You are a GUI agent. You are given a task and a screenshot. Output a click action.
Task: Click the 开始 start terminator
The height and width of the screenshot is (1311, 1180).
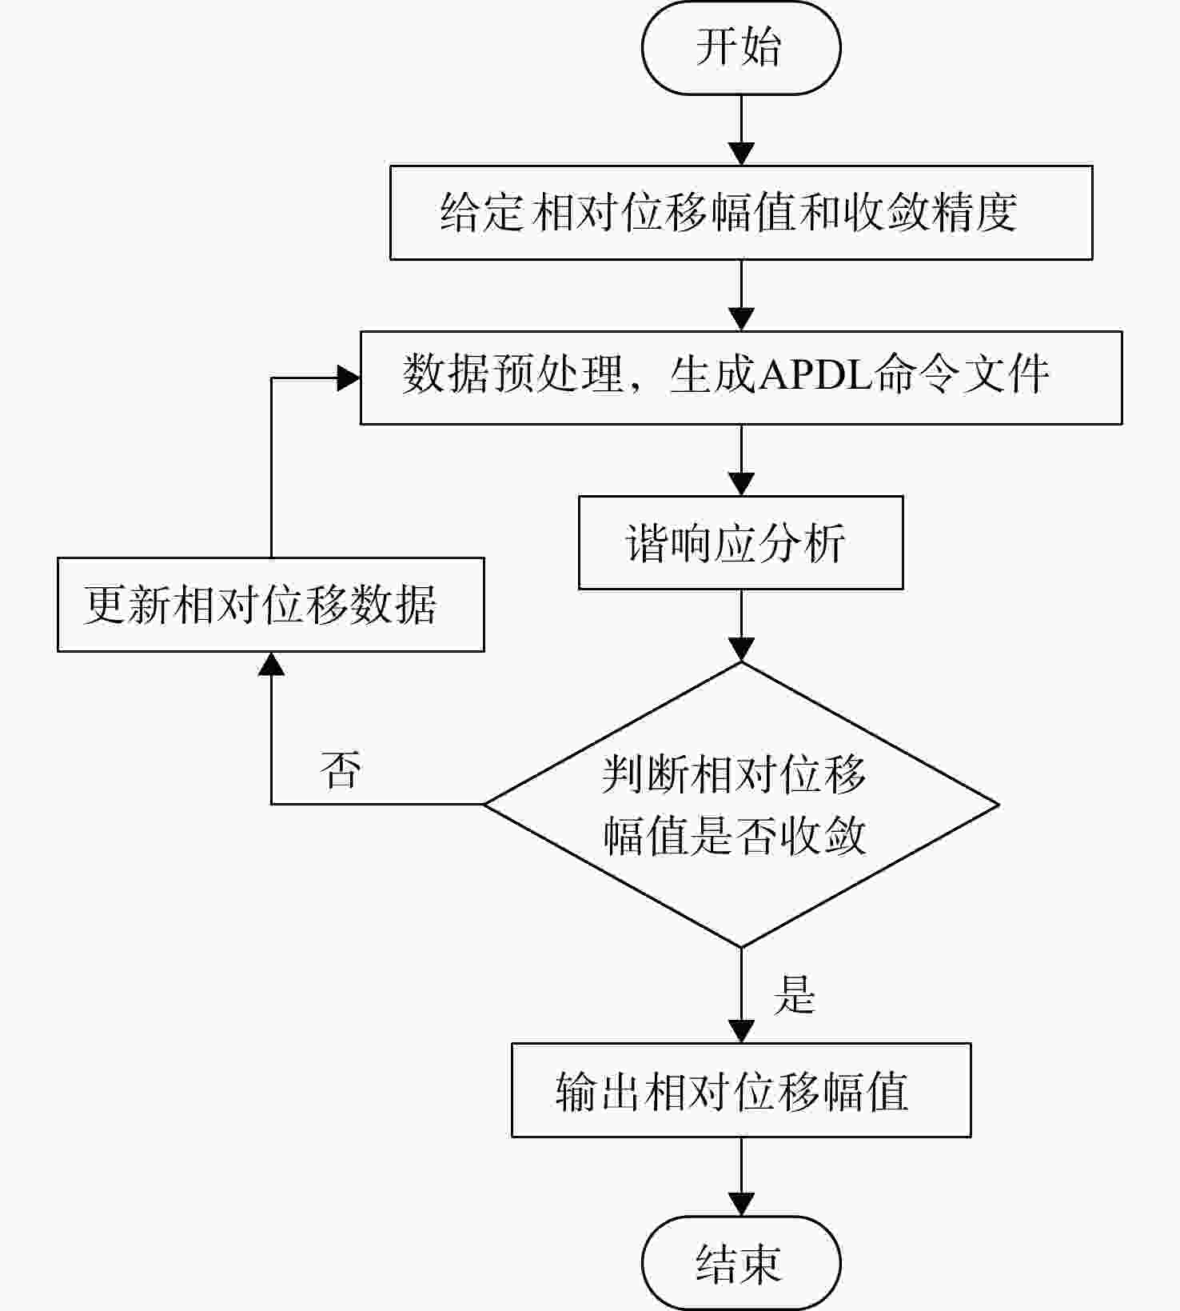[x=741, y=48]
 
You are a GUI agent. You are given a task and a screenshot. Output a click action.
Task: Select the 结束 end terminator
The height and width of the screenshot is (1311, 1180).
[x=741, y=1263]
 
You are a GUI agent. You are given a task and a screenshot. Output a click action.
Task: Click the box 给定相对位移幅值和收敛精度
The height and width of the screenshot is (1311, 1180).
[x=741, y=213]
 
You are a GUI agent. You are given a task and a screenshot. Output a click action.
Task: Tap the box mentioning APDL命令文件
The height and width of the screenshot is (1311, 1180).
[x=741, y=378]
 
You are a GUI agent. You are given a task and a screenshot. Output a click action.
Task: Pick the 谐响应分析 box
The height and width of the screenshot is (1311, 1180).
[x=741, y=543]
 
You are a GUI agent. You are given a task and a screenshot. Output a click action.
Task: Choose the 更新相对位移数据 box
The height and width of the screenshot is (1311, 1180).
[x=271, y=605]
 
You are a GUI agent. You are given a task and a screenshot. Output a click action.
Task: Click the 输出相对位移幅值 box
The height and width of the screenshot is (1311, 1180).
[x=741, y=1090]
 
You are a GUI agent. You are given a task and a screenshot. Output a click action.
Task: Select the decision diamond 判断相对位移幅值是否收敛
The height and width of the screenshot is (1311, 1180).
[x=741, y=805]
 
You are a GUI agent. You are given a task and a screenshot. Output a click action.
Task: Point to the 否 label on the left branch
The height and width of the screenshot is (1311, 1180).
[x=341, y=769]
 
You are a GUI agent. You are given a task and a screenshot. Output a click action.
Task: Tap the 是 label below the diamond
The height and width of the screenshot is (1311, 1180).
[x=794, y=995]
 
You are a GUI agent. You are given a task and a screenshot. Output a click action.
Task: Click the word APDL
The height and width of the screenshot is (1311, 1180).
[x=815, y=374]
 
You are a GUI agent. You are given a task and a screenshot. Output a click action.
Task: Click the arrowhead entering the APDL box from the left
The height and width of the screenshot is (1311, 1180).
[x=349, y=378]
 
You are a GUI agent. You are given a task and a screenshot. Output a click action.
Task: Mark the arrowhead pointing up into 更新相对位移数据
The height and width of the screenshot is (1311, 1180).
[x=271, y=664]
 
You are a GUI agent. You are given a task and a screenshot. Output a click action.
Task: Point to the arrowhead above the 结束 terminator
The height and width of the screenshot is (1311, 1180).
[x=741, y=1205]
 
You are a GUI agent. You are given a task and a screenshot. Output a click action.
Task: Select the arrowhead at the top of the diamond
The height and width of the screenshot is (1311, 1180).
[x=741, y=650]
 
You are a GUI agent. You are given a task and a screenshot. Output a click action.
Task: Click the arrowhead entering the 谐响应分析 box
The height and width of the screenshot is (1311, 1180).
[x=741, y=484]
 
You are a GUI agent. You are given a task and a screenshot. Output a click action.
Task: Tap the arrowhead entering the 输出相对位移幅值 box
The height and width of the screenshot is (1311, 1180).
[x=741, y=1031]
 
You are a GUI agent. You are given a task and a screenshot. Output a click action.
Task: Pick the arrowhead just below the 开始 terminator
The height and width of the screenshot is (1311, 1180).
[x=741, y=154]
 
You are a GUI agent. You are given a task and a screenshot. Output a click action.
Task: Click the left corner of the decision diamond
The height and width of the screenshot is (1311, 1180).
[x=484, y=805]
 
